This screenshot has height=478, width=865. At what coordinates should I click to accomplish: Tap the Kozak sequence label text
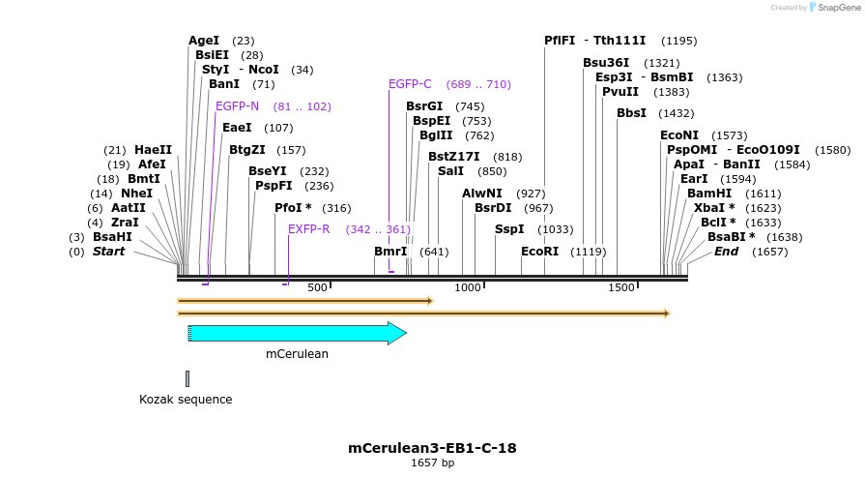click(x=186, y=399)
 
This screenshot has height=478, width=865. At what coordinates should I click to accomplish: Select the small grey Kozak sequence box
click(x=187, y=378)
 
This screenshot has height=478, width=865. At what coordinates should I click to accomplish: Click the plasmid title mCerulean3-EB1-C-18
click(x=432, y=448)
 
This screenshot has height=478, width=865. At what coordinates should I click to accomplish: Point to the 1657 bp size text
click(x=432, y=463)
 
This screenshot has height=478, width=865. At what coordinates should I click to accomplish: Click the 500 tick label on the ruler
click(x=317, y=287)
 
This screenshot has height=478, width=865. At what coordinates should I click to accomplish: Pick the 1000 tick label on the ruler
click(x=468, y=287)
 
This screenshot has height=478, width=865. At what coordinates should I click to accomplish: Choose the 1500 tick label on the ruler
click(x=620, y=287)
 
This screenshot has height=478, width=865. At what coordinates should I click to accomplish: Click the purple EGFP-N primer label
click(x=237, y=106)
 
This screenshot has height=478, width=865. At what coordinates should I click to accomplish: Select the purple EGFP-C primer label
click(x=410, y=84)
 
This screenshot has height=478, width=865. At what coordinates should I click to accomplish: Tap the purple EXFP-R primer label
click(x=309, y=229)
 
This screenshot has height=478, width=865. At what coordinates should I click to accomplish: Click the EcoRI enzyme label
click(x=539, y=252)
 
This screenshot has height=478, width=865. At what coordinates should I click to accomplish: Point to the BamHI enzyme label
click(x=709, y=194)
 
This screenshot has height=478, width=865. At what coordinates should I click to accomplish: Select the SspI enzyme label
click(x=509, y=229)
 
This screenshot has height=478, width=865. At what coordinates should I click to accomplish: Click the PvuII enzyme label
click(x=620, y=92)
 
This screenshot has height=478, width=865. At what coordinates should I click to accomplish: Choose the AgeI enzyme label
click(x=204, y=41)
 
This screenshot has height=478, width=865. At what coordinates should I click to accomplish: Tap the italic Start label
click(x=108, y=252)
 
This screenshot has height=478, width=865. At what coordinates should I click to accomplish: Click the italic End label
click(x=726, y=252)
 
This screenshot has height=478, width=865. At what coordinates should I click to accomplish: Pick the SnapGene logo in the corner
click(x=832, y=8)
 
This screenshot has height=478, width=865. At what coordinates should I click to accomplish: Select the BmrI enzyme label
click(x=390, y=252)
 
